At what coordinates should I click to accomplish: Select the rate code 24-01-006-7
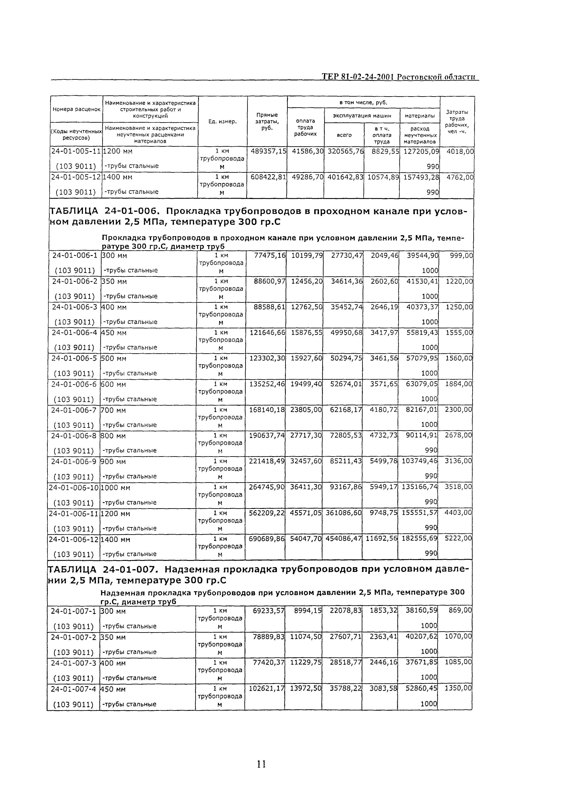tap(74, 410)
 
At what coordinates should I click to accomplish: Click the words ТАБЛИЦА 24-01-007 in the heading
tap(102, 569)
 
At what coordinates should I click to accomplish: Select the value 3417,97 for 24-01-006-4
tap(384, 333)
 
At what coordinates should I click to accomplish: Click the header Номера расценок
tap(76, 109)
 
